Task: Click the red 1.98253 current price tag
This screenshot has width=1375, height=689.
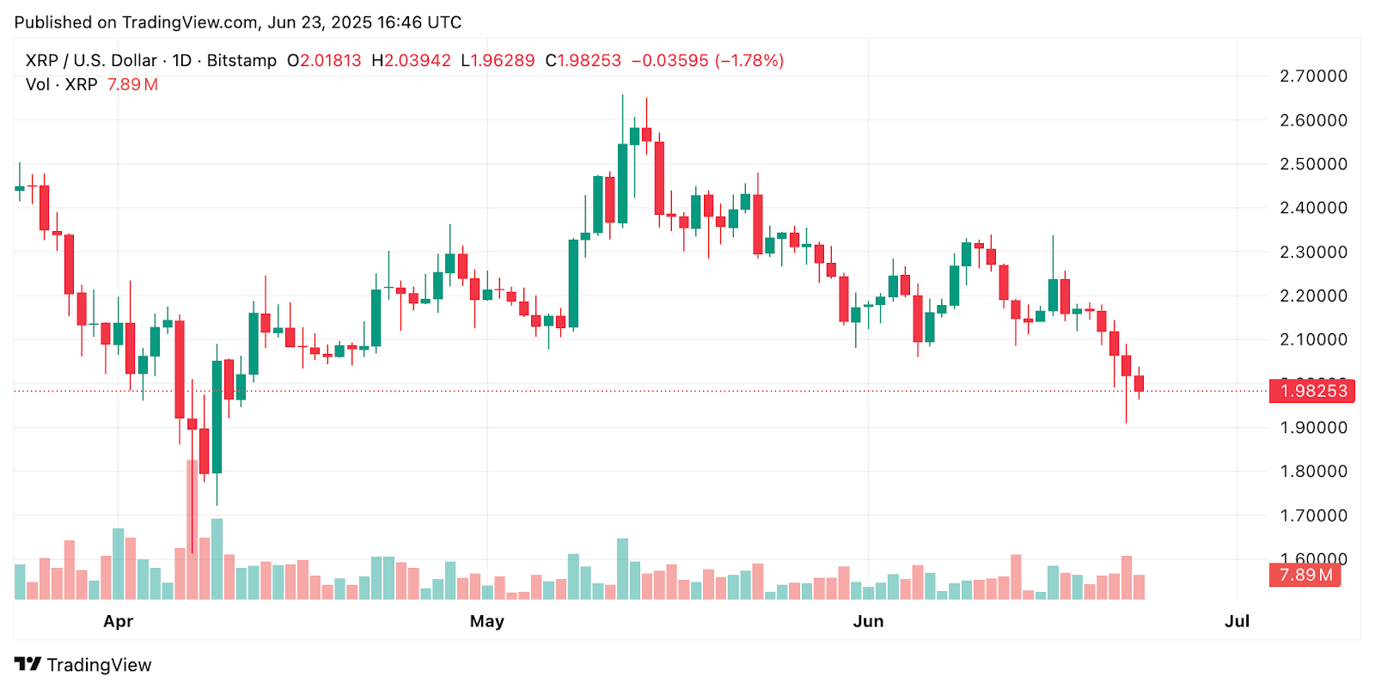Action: coord(1312,391)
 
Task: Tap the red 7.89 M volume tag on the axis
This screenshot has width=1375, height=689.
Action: coord(1305,575)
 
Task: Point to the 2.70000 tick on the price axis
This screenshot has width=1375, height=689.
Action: coord(1313,76)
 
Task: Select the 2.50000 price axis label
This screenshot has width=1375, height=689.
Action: coord(1313,164)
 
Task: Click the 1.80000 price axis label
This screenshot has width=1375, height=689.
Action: coord(1313,472)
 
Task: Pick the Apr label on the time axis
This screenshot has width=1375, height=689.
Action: coord(118,621)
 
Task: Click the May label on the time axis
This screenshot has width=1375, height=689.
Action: coord(486,621)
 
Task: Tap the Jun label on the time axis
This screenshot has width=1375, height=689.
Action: coord(868,621)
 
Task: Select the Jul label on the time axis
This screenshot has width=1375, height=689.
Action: coord(1237,621)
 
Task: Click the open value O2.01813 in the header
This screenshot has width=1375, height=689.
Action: coord(324,61)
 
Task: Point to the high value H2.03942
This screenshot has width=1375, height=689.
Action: coord(411,61)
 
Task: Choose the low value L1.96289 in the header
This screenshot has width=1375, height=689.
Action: coord(498,61)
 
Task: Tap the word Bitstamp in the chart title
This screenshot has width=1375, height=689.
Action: coord(241,61)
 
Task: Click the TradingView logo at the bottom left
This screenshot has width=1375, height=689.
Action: coord(82,665)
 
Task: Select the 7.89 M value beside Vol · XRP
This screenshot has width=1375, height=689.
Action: coord(132,85)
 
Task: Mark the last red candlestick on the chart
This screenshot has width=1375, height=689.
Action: coord(1139,383)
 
